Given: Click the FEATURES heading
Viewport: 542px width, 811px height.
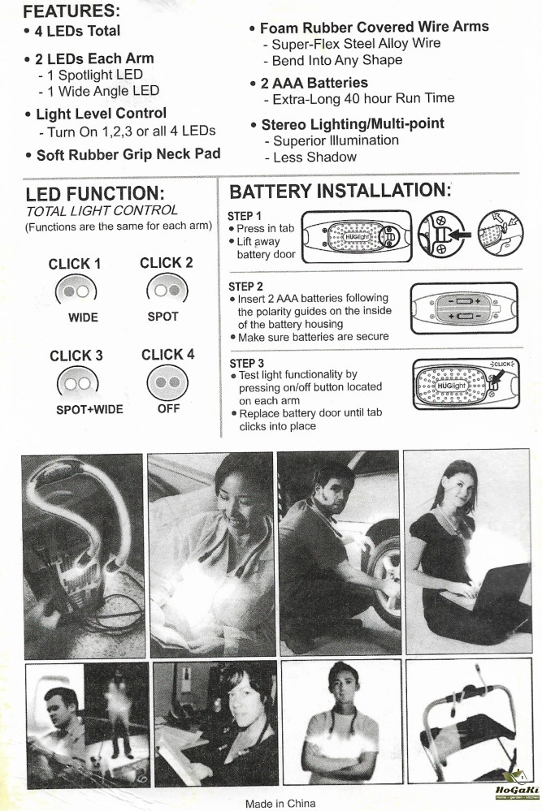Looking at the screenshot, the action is (72, 11).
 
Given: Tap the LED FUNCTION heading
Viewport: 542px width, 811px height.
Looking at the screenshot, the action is (95, 195).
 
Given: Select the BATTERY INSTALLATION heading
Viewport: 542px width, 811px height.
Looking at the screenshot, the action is (340, 191).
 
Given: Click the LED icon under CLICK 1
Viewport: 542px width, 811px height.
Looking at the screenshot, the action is (76, 291).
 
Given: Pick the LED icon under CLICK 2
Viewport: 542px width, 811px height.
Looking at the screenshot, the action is (167, 290).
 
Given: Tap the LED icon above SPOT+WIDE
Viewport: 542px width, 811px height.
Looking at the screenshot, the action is (78, 382).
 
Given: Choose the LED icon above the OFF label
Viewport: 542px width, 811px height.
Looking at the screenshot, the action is (167, 382).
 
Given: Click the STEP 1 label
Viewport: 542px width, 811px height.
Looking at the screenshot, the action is (245, 216).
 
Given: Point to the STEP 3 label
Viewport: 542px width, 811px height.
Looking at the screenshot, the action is (246, 363).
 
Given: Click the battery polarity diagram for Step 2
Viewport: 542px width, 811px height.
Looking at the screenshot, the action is (464, 308).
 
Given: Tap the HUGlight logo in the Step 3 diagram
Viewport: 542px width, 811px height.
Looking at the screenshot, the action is (452, 386).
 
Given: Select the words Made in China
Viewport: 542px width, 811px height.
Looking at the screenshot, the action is (280, 803).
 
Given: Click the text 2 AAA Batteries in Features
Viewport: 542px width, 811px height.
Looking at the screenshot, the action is (314, 83).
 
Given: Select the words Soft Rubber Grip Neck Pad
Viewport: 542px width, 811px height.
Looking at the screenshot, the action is (128, 154).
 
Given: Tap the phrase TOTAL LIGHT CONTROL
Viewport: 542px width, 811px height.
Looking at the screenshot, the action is (102, 211).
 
